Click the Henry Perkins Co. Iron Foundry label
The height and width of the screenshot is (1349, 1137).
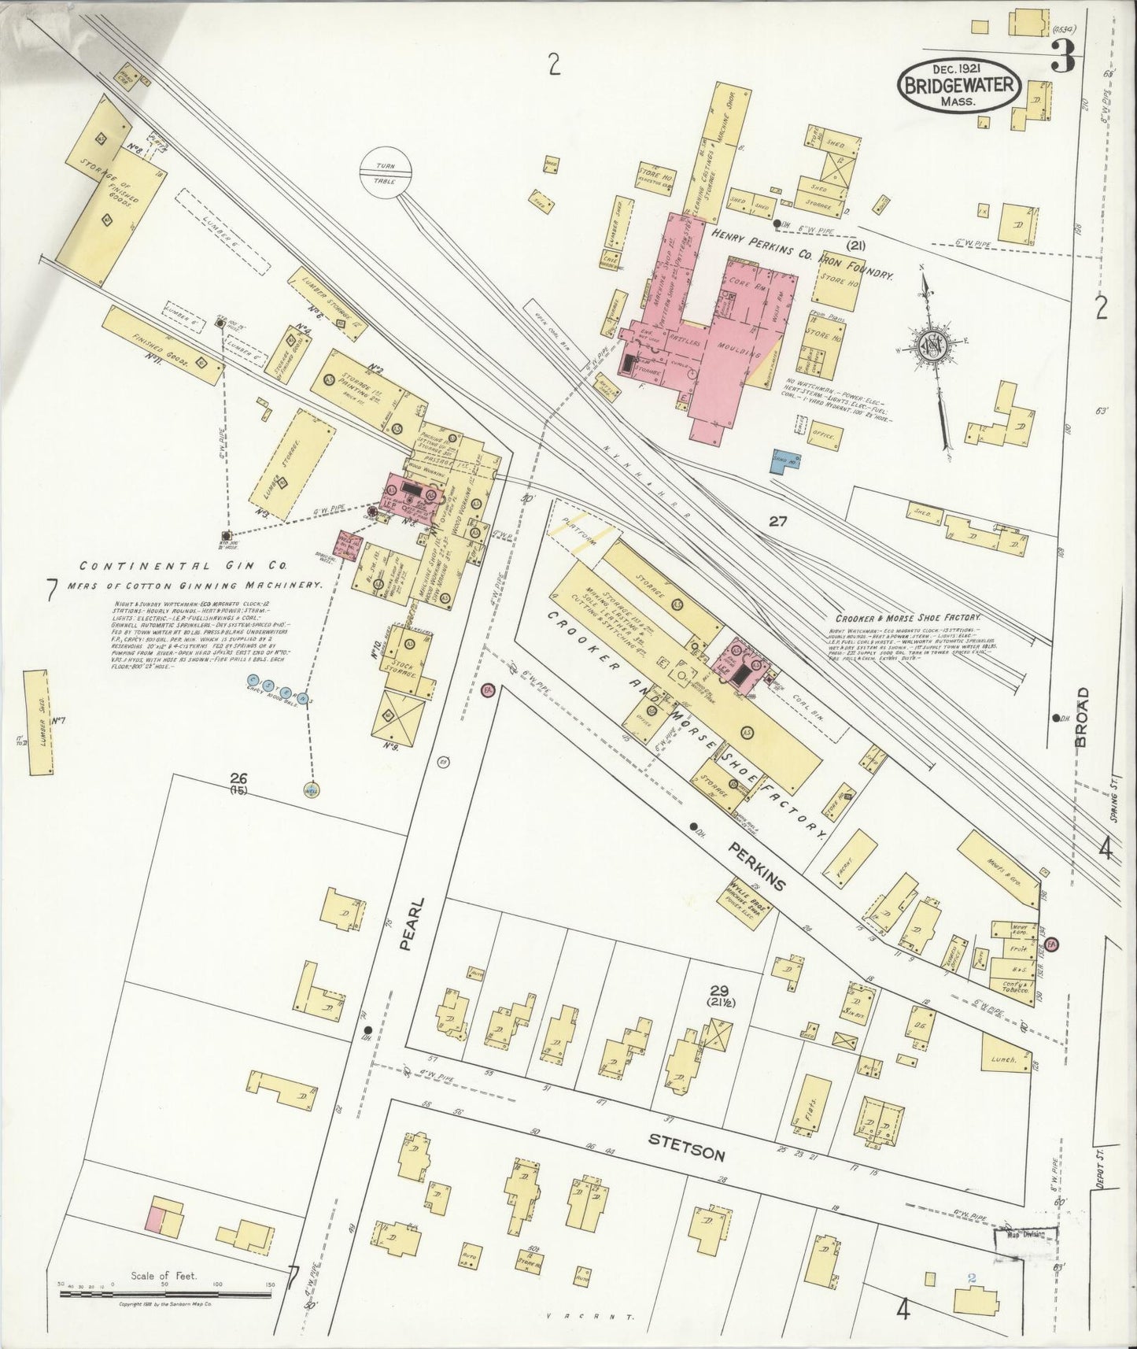(x=802, y=254)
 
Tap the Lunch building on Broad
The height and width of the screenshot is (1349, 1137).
(x=1006, y=1059)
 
